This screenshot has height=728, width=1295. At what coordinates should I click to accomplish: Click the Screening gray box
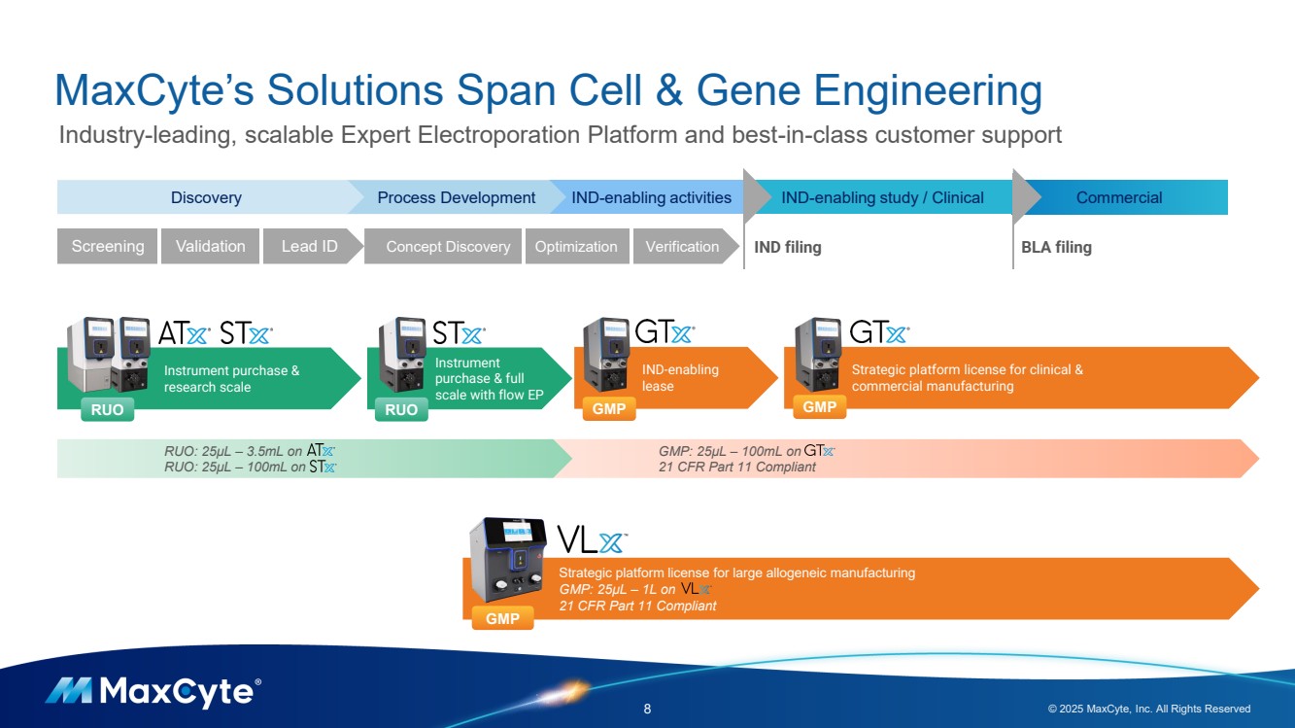click(108, 247)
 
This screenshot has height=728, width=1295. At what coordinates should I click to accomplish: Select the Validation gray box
click(211, 247)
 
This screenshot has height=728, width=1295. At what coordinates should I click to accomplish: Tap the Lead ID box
click(310, 247)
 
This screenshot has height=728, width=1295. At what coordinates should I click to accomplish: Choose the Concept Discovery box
click(448, 247)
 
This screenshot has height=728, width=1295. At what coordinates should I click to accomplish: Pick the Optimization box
click(576, 247)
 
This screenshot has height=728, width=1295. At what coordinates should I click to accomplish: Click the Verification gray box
click(682, 247)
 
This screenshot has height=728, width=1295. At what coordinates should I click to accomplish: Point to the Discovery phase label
click(206, 197)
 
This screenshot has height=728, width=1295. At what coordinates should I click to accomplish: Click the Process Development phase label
click(456, 197)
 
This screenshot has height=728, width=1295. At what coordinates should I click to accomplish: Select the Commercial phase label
click(1119, 197)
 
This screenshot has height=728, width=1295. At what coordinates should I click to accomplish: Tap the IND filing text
click(788, 247)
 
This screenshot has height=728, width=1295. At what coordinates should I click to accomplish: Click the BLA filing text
click(1056, 247)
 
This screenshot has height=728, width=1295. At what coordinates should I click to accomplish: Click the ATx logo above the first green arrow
click(184, 334)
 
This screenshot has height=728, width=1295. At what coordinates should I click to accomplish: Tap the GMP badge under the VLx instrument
click(502, 618)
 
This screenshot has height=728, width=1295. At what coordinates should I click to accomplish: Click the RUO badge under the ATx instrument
click(107, 410)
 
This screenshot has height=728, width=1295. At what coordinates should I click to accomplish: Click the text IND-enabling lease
click(680, 378)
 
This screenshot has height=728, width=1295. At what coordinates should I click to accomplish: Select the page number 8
click(648, 709)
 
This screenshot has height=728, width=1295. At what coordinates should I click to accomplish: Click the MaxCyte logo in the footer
click(153, 692)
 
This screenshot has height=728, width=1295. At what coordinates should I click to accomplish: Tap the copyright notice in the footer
click(1149, 709)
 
